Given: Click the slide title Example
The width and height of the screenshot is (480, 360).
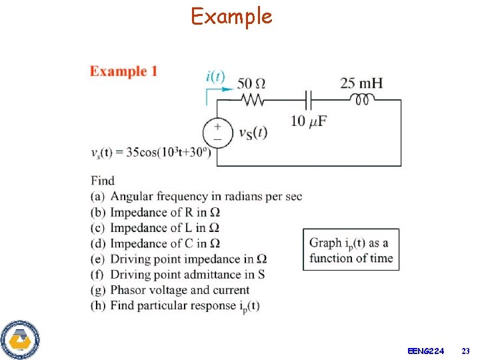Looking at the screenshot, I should (231, 16).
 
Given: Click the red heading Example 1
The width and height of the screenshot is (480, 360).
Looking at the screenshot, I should (123, 71).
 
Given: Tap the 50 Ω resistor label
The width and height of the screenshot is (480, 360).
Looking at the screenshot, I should (251, 83).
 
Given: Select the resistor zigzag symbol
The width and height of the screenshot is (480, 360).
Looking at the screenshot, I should (252, 100).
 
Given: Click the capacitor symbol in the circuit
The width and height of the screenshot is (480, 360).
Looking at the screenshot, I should (307, 100).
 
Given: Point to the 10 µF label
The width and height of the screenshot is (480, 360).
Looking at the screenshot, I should (309, 121).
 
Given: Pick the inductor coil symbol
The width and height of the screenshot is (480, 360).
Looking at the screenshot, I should (362, 99).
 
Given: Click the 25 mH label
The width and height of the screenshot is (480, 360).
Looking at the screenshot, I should (361, 83).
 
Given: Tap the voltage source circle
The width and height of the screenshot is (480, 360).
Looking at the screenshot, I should (217, 131).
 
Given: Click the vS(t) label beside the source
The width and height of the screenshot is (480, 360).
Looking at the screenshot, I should (253, 132).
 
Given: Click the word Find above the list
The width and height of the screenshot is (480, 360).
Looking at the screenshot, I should (103, 180).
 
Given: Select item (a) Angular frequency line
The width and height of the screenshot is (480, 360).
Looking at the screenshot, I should (197, 196).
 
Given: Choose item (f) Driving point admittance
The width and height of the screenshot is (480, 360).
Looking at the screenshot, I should (178, 274).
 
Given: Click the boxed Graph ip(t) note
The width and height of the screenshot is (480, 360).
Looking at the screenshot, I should (351, 250).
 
